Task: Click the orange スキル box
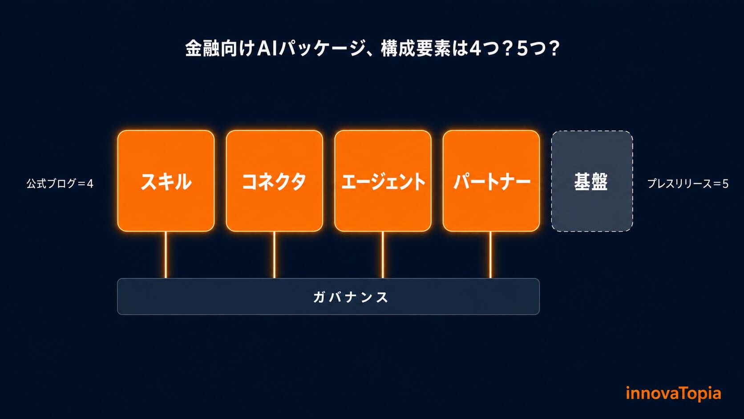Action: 166,181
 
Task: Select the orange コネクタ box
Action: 275,181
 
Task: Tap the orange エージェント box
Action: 383,181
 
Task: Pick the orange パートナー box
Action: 491,181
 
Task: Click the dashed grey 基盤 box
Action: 592,181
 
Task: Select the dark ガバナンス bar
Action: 328,297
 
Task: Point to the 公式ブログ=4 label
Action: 60,183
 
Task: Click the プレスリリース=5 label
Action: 688,183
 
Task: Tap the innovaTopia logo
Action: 674,394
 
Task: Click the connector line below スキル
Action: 166,255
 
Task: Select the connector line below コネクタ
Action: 275,255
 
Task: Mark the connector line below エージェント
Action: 383,255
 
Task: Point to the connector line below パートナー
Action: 490,255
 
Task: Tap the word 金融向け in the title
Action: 220,49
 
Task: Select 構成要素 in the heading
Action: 416,49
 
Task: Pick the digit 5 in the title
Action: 522,49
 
